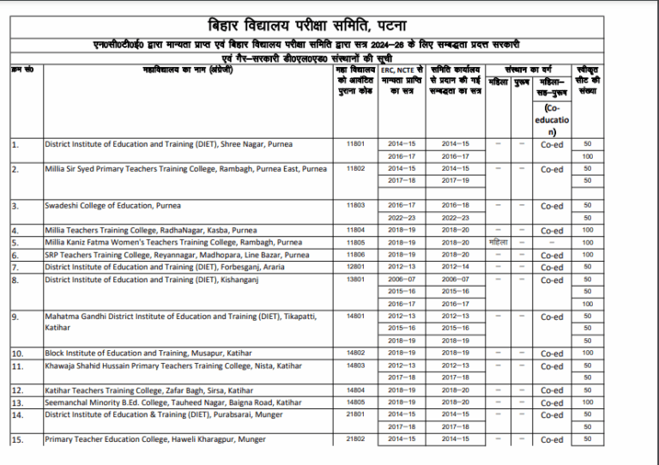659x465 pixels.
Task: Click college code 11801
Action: point(355,144)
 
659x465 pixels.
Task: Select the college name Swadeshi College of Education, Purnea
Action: point(100,206)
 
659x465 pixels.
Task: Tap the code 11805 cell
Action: point(355,243)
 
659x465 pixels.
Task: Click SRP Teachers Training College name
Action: point(177,256)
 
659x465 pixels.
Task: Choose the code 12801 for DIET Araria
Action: point(355,268)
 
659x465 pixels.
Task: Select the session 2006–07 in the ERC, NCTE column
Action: point(402,280)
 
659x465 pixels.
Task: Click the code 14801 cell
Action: point(355,317)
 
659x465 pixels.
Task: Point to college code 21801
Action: point(355,414)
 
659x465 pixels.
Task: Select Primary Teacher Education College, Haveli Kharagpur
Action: point(154,440)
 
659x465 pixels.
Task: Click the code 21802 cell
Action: point(355,439)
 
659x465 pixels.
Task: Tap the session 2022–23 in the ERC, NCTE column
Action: point(402,218)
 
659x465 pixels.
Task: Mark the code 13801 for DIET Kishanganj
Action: point(355,280)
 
